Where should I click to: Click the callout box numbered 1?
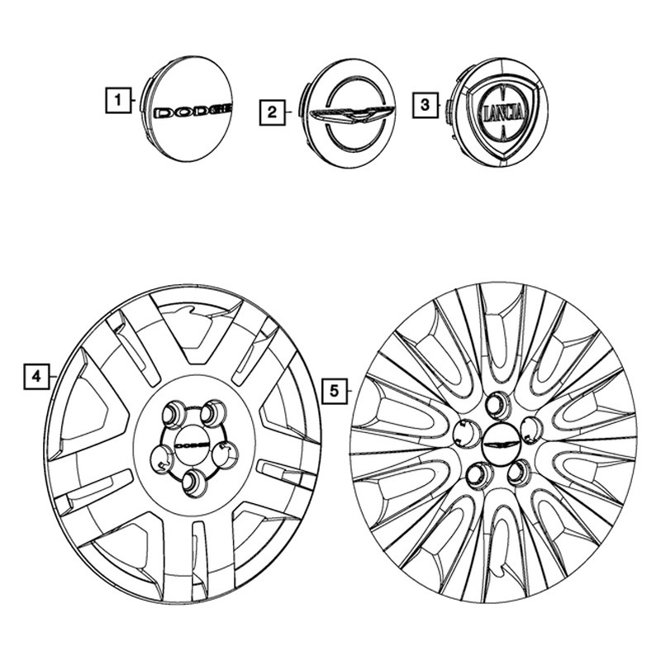(x=118, y=100)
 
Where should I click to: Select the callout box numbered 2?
(x=273, y=112)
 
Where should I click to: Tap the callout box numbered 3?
(x=425, y=105)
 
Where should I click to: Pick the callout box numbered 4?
(x=36, y=376)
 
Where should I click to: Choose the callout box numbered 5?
(x=335, y=391)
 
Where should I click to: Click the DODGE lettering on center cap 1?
(x=193, y=112)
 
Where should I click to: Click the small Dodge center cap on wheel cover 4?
(x=192, y=445)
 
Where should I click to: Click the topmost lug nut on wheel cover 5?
(x=498, y=405)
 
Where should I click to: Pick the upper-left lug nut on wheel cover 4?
(x=174, y=414)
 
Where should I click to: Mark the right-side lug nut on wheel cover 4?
(x=225, y=456)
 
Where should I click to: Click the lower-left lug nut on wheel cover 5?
(x=480, y=474)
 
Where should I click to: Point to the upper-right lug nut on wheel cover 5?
(x=531, y=430)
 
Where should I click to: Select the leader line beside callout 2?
(x=288, y=112)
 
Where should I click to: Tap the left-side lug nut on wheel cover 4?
(x=162, y=459)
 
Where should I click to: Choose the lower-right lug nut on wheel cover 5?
(x=520, y=473)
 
